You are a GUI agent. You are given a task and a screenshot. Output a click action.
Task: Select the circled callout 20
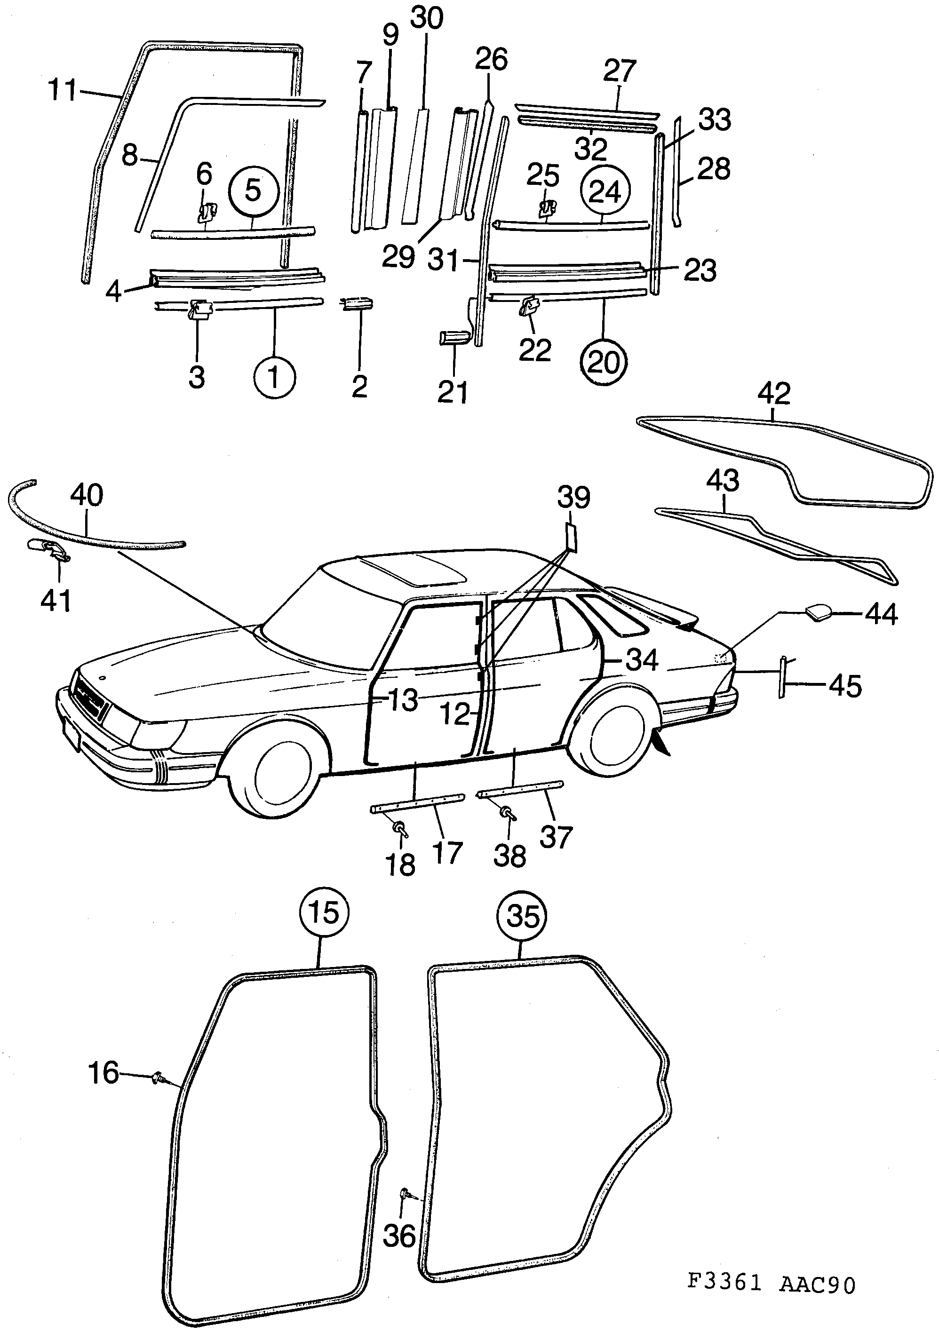tap(604, 363)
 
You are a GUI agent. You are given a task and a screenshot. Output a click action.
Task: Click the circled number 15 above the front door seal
tap(324, 912)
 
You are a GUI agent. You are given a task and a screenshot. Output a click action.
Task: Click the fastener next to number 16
tap(158, 1078)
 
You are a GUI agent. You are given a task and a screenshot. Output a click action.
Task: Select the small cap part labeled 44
tap(817, 612)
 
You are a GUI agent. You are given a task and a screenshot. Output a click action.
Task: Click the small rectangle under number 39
tap(571, 537)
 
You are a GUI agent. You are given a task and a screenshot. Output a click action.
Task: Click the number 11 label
tap(62, 90)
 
